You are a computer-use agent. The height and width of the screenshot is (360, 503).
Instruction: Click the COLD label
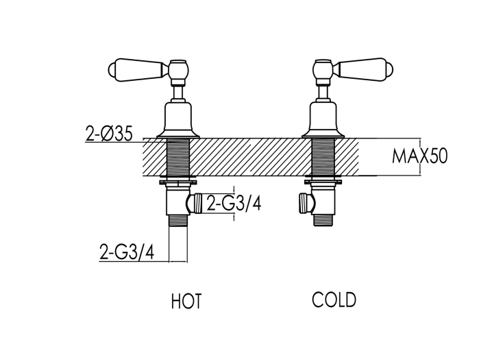click(x=334, y=300)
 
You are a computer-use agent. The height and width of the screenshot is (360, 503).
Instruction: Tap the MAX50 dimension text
click(x=419, y=157)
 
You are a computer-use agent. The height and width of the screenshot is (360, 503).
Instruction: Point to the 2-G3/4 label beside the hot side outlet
click(x=234, y=203)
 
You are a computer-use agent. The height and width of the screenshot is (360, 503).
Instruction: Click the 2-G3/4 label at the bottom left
click(x=127, y=252)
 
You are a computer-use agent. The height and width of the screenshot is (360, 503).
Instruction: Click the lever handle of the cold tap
click(x=363, y=69)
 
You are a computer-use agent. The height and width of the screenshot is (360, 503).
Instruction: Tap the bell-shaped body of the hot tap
click(x=178, y=120)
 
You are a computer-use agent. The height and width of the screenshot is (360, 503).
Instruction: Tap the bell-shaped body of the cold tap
click(x=323, y=120)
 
